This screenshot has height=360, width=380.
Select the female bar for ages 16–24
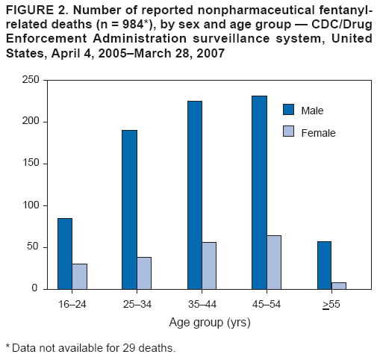point(79,276)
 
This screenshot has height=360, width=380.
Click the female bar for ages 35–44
point(209,266)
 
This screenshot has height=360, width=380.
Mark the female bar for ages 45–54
point(274,263)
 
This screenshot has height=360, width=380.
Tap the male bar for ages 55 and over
point(324,264)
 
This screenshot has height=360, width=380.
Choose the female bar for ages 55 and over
point(339,285)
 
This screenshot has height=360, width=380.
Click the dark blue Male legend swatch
point(289,110)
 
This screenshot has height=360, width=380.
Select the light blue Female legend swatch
point(289,133)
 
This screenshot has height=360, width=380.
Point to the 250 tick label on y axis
point(30,80)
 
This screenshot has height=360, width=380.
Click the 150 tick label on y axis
point(30,164)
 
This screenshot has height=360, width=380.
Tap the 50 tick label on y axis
point(33,247)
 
